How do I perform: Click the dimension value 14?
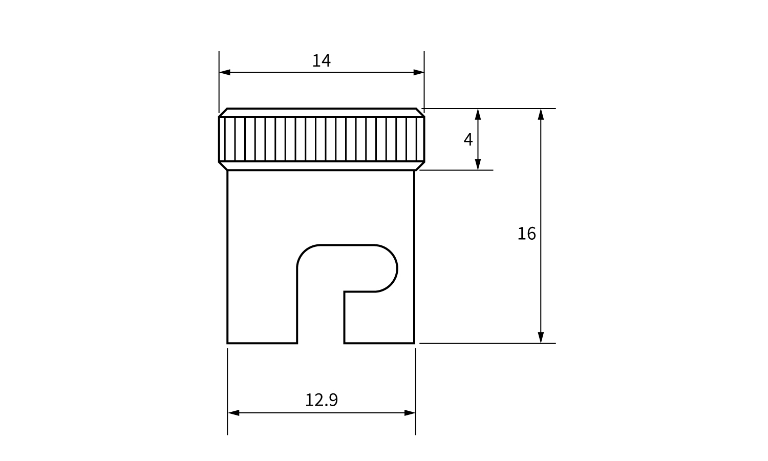(321, 61)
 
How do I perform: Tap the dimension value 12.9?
(321, 400)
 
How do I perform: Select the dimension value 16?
(526, 234)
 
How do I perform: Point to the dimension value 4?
(468, 140)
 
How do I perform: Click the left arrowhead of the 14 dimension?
(225, 72)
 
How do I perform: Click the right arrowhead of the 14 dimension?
(419, 72)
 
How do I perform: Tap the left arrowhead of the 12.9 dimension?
(233, 413)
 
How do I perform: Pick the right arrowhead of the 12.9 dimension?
(410, 413)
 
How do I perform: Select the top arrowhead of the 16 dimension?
(541, 114)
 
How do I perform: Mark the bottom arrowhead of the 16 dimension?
(541, 338)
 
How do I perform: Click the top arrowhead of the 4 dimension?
(478, 114)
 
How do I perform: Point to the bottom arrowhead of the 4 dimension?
(478, 164)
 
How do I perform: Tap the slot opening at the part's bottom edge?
(321, 343)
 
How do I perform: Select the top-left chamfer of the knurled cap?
(223, 113)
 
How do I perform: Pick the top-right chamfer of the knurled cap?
(420, 113)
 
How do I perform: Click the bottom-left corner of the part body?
(227, 343)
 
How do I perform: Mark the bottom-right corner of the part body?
(415, 343)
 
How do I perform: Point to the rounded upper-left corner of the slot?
(304, 252)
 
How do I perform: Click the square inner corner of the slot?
(345, 291)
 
